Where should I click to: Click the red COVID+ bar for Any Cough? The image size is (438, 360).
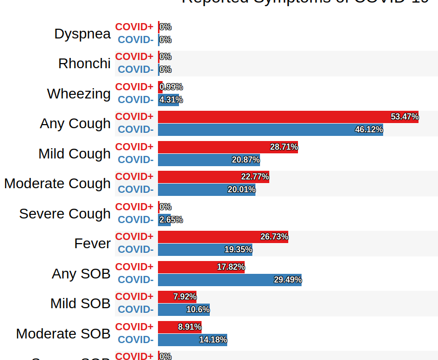pos(287,117)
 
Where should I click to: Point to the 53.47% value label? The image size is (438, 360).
pos(405,117)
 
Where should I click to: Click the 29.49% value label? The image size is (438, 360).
pos(288,280)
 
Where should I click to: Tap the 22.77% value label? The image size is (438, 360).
pos(255,177)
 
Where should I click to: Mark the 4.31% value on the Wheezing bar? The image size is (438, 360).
pos(171,100)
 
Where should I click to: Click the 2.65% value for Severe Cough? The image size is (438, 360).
pos(171,220)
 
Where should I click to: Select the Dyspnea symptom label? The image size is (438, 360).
pos(83,34)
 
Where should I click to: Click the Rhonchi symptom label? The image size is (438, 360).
pos(85,64)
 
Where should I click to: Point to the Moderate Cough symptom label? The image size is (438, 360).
pos(57,184)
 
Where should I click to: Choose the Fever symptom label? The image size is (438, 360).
pos(92,244)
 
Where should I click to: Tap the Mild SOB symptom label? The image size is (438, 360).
pos(81,304)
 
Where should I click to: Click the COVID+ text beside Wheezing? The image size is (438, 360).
pos(134,87)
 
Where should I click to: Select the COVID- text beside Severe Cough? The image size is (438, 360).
pos(135,220)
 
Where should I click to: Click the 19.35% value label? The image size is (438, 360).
pos(238,250)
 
